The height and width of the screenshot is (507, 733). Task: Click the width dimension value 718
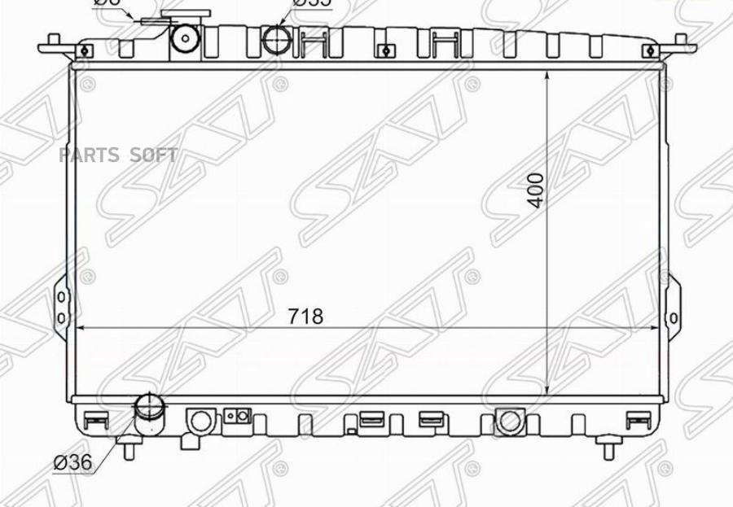305,316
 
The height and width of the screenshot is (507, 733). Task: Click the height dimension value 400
535,190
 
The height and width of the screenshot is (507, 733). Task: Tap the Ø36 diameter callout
72,462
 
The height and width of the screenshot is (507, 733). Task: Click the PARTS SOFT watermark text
118,155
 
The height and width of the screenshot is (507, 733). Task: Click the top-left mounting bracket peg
53,42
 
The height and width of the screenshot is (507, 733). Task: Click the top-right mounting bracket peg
682,42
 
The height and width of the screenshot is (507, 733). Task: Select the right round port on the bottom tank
510,420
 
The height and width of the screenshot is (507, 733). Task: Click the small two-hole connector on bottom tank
237,417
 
